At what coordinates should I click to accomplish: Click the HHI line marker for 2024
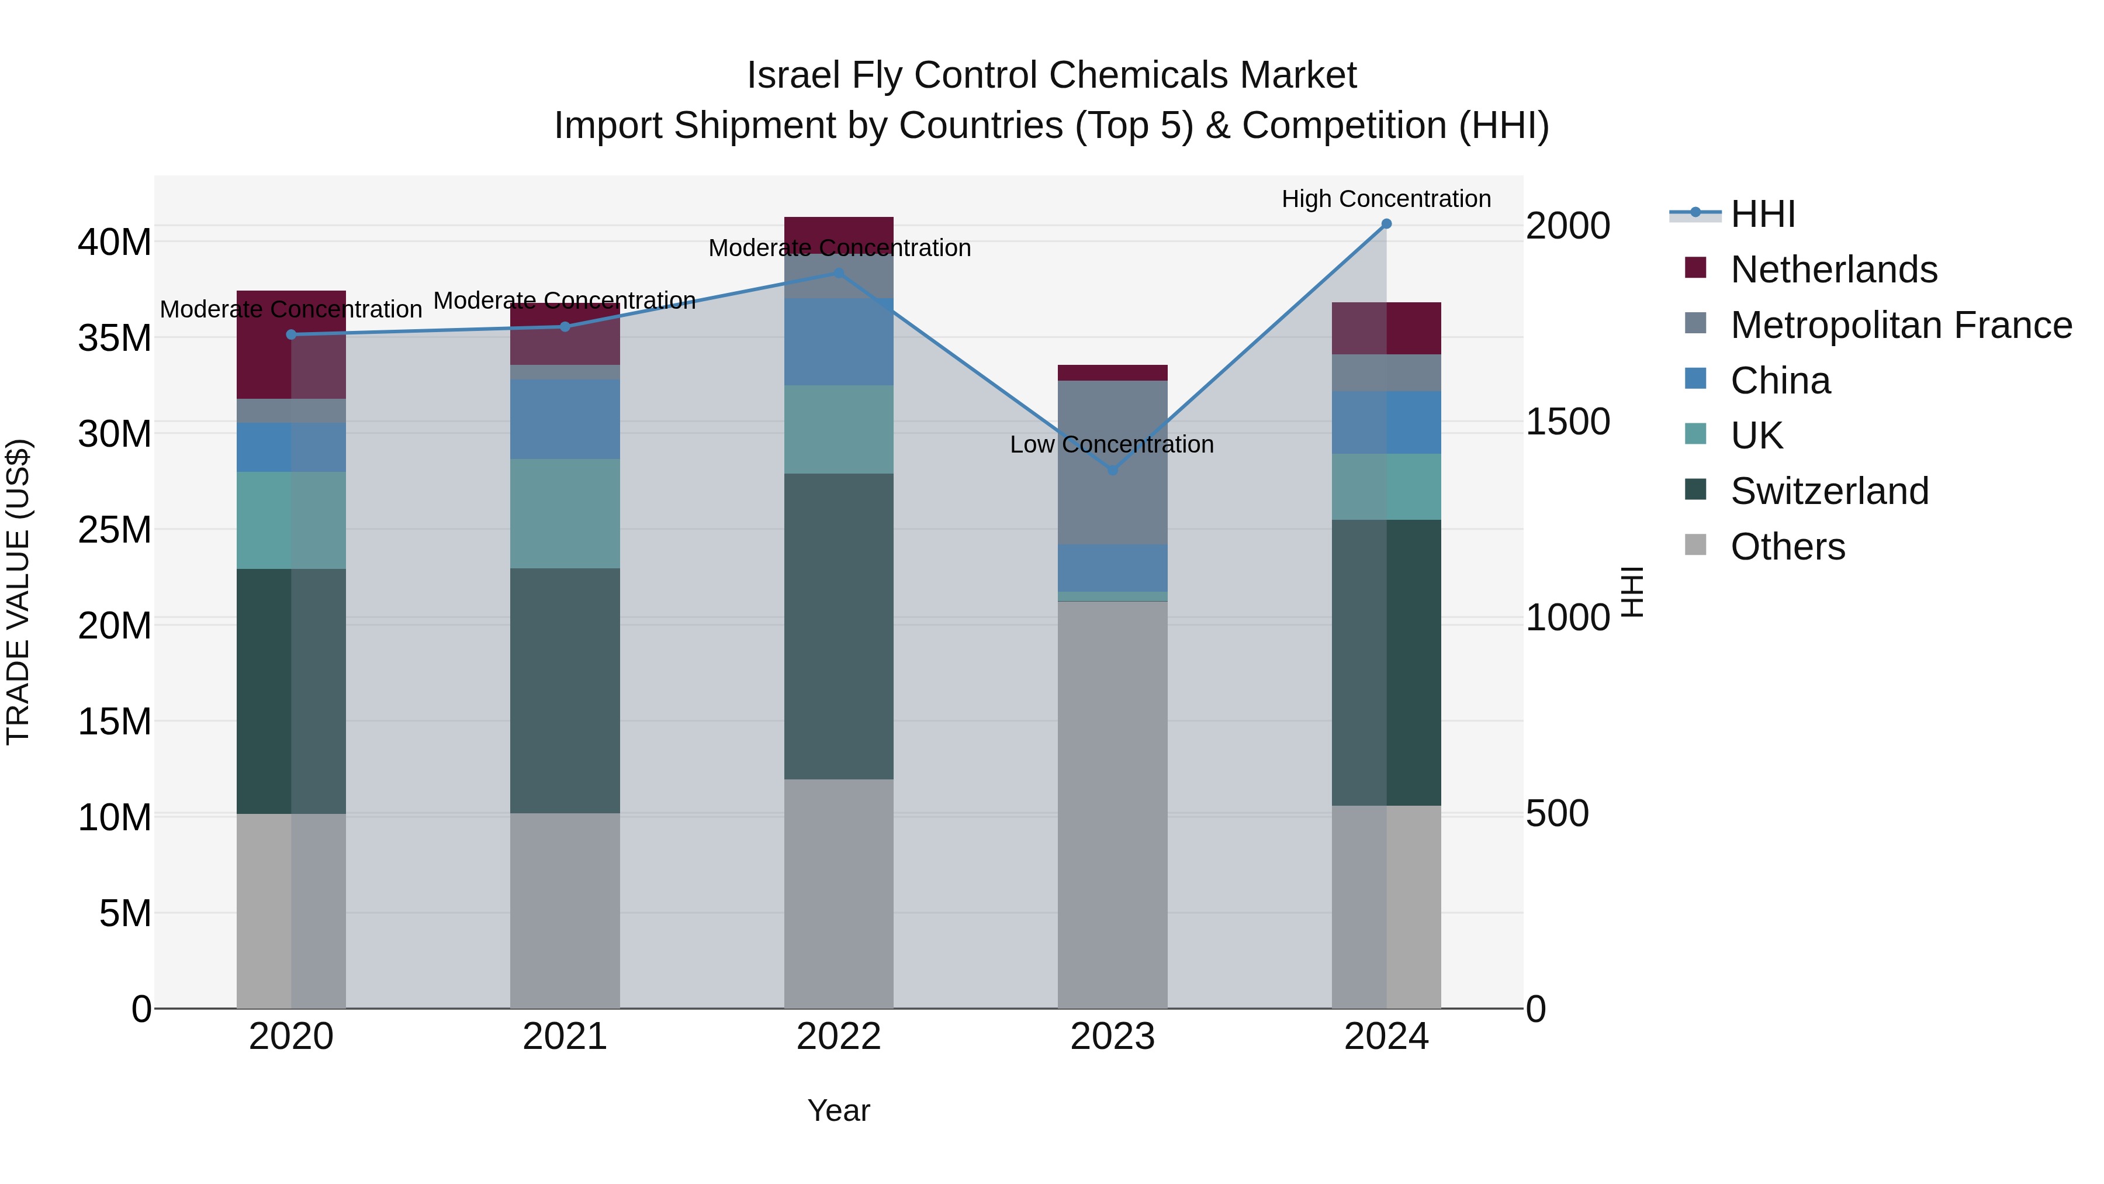click(1386, 224)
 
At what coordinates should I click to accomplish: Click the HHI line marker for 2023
click(1112, 471)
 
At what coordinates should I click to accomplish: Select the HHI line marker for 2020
click(291, 334)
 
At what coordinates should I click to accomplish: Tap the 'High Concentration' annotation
click(1386, 199)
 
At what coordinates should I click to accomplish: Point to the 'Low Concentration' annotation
click(1112, 444)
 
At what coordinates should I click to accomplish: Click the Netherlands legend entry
click(1833, 270)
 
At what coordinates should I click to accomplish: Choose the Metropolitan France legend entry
click(1901, 325)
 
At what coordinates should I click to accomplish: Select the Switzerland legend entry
click(1829, 491)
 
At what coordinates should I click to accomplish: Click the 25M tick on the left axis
click(115, 530)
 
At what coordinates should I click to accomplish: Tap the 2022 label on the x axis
click(838, 1037)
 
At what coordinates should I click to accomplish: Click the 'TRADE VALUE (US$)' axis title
click(18, 592)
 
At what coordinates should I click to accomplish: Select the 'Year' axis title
click(838, 1110)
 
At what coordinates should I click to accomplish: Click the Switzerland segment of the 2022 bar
click(838, 626)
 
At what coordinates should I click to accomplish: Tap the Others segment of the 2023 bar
click(1112, 805)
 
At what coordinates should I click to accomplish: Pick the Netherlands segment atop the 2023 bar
click(1112, 372)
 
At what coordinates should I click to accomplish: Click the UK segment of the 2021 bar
click(565, 513)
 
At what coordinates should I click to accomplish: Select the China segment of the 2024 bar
click(1386, 423)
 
